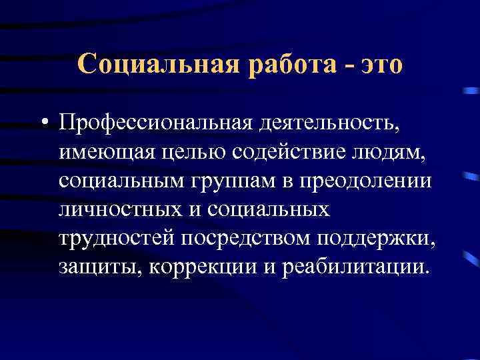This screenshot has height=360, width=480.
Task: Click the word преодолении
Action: click(x=365, y=181)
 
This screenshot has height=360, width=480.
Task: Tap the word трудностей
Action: click(x=115, y=239)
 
